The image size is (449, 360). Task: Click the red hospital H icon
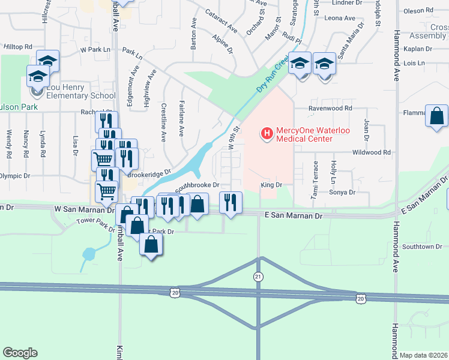265,131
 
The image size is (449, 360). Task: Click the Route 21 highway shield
259,276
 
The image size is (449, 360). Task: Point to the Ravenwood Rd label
330,109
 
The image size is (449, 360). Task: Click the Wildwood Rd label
371,152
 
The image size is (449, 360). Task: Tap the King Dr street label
271,185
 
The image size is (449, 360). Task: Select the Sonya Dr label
343,193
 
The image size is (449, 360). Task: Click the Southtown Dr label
422,247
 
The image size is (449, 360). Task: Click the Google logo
20,353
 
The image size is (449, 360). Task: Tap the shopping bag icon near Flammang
436,115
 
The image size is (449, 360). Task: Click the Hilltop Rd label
17,46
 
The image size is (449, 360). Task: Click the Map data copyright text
423,355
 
